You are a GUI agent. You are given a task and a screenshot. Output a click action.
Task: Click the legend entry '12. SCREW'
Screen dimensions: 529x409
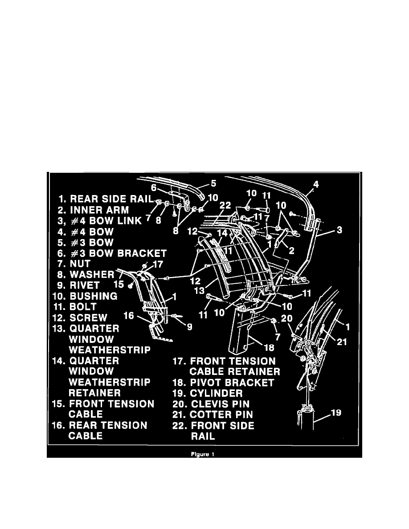[85, 317]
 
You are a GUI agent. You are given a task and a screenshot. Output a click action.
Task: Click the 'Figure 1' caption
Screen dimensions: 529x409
[204, 455]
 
